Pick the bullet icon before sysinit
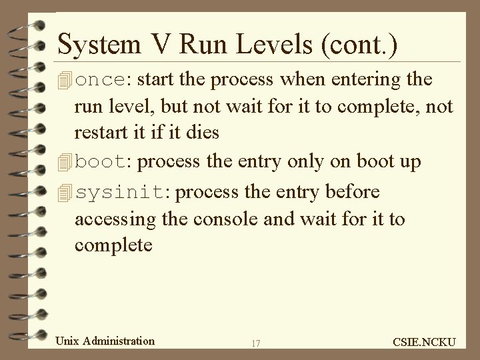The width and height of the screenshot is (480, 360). (65, 193)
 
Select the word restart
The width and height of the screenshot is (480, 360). (97, 132)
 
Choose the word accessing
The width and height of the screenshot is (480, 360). (111, 219)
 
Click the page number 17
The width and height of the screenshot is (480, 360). (255, 343)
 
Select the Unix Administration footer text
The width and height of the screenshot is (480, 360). (105, 341)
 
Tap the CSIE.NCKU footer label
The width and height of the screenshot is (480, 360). (424, 342)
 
